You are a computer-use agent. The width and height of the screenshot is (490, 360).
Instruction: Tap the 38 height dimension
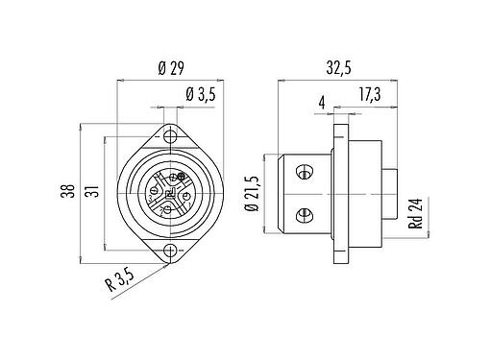(66, 190)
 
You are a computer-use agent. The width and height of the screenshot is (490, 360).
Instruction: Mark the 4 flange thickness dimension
(322, 99)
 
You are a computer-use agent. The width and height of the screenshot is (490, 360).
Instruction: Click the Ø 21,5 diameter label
(251, 196)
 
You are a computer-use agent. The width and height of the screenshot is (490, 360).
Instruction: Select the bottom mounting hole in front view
(170, 251)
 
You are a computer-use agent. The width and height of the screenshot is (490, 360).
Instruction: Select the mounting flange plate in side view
(339, 193)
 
